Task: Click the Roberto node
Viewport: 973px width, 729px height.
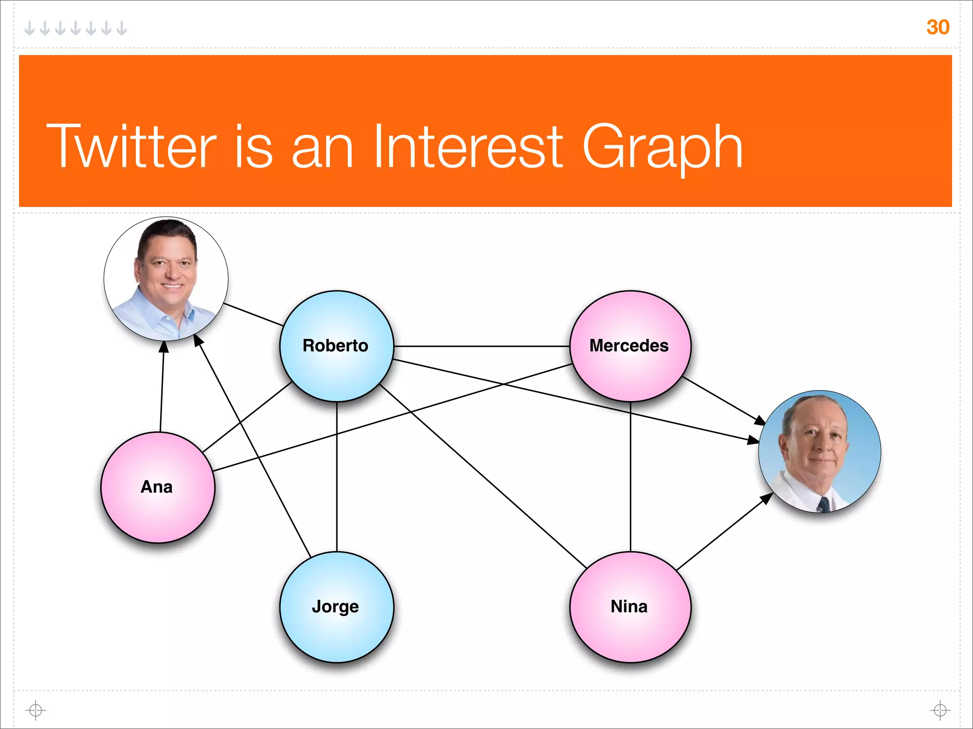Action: pyautogui.click(x=336, y=346)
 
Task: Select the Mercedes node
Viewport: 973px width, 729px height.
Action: pyautogui.click(x=630, y=346)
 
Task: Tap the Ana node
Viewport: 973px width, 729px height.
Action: pyautogui.click(x=158, y=487)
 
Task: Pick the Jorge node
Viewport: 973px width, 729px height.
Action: pyautogui.click(x=336, y=607)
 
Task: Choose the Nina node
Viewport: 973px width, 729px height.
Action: pyautogui.click(x=630, y=607)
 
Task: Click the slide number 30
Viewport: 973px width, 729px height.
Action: pyautogui.click(x=937, y=27)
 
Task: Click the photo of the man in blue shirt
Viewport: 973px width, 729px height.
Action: pyautogui.click(x=166, y=279)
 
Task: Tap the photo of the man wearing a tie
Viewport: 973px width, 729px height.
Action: pyautogui.click(x=820, y=451)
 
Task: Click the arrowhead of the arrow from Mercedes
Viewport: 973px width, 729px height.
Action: pyautogui.click(x=761, y=421)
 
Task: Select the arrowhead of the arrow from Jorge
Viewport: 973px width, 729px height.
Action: pyautogui.click(x=198, y=339)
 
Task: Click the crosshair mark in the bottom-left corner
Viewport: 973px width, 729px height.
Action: pyautogui.click(x=36, y=710)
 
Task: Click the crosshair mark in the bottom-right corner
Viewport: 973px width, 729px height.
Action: pyautogui.click(x=940, y=710)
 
